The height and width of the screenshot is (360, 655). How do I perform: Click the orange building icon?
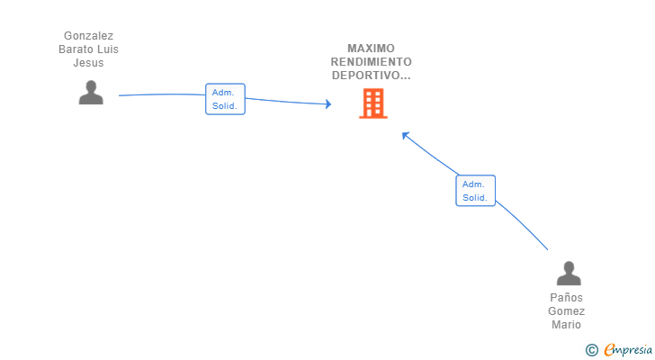coord(373,103)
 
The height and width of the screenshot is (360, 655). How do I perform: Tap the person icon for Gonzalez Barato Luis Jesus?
coord(91,93)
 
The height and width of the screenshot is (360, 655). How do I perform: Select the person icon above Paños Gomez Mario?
coord(569,273)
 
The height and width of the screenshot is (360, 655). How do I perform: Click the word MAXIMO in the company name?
coord(371,49)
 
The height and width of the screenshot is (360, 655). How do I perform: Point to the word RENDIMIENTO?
coord(371,62)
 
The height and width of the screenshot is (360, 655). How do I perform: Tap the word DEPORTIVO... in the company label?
coord(371,76)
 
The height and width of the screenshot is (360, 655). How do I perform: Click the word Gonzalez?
coord(88,36)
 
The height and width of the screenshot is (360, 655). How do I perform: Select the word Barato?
coord(74,49)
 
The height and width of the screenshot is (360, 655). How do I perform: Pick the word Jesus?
coord(88,63)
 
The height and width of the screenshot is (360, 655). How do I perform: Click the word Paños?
coord(566,297)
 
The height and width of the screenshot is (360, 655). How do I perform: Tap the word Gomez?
coord(566,311)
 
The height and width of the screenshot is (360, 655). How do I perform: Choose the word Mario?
coord(566,325)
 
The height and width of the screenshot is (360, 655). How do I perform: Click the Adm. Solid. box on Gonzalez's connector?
coord(225,99)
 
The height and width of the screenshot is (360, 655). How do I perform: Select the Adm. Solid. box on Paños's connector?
coord(475,191)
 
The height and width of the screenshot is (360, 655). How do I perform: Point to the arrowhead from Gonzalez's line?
coord(328,104)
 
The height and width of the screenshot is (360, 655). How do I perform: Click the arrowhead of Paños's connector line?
coord(405,135)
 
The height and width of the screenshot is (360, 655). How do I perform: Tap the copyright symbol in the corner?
coord(591,350)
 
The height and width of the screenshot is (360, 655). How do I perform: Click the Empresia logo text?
coord(627,350)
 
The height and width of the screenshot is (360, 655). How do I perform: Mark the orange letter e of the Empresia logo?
coord(609,349)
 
